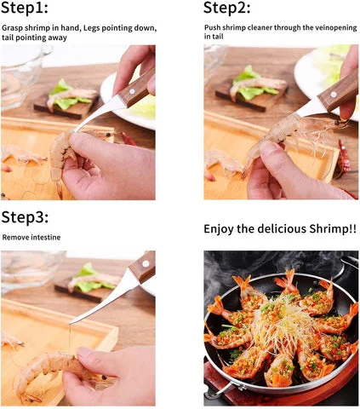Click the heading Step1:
pos(25,8)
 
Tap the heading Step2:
pos(227,8)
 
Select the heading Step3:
pos(25,217)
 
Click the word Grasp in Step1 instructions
pos(12,28)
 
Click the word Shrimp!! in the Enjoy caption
pos(333,228)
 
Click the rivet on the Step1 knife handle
pos(132,91)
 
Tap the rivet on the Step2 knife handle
pos(334,94)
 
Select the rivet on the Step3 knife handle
pos(146,263)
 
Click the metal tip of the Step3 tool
pos(71,323)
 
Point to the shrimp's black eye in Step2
pos(337,123)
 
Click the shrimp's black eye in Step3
pos(105,377)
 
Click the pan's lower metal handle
pos(224,389)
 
